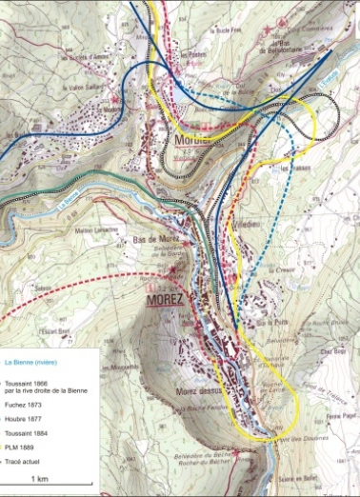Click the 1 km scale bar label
40,478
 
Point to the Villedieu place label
247,215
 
